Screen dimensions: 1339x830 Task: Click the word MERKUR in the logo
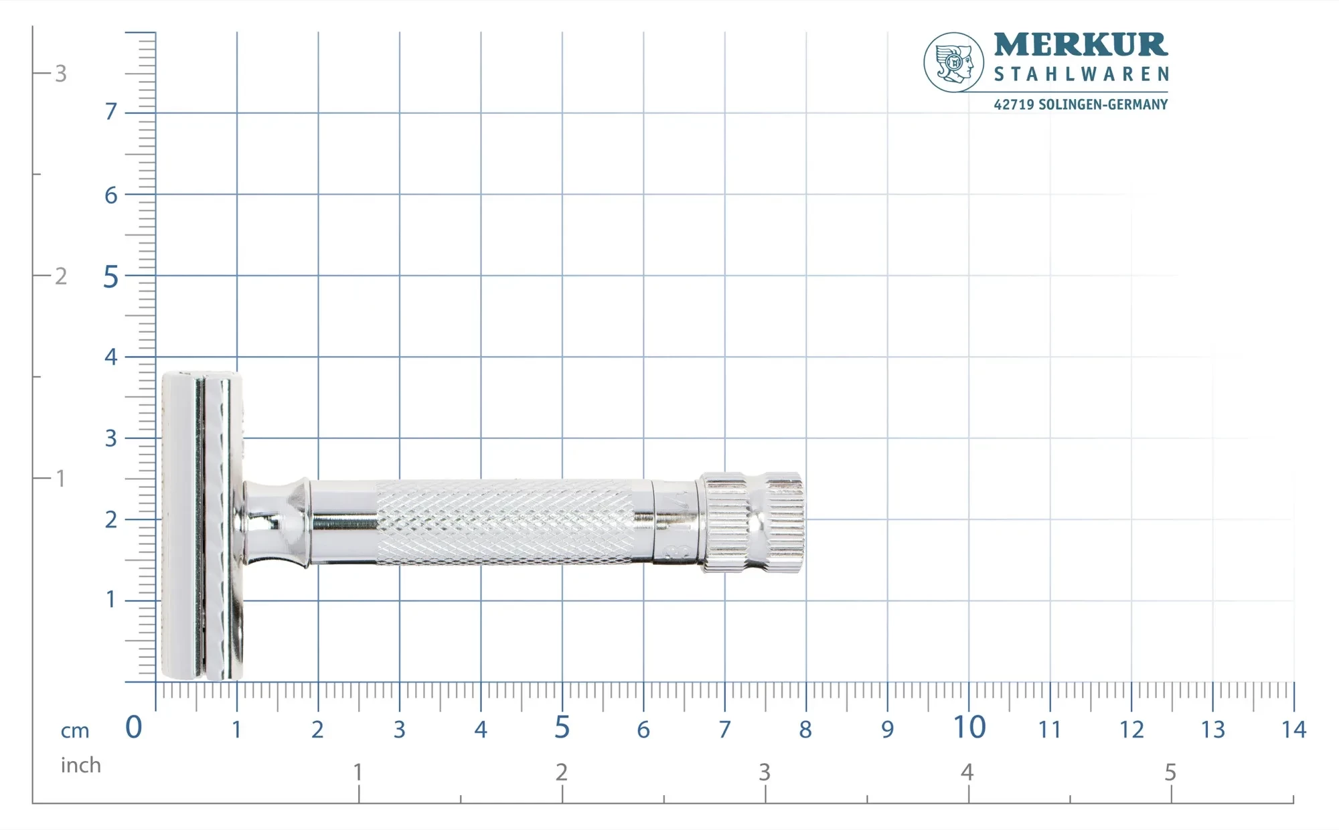pyautogui.click(x=1081, y=45)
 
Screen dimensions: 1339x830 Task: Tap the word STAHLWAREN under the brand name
pyautogui.click(x=1081, y=74)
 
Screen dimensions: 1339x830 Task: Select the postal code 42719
pyautogui.click(x=1014, y=104)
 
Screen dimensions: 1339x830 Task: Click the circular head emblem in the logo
pyautogui.click(x=953, y=62)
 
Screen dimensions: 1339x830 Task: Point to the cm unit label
pyautogui.click(x=75, y=731)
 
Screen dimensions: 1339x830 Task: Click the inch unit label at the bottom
pyautogui.click(x=80, y=765)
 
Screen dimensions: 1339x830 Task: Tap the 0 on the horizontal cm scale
pyautogui.click(x=134, y=728)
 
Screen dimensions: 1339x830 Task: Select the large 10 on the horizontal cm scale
pyautogui.click(x=969, y=728)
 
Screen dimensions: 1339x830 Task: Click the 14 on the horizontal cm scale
pyautogui.click(x=1293, y=730)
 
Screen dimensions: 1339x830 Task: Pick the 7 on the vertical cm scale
pyautogui.click(x=111, y=111)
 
